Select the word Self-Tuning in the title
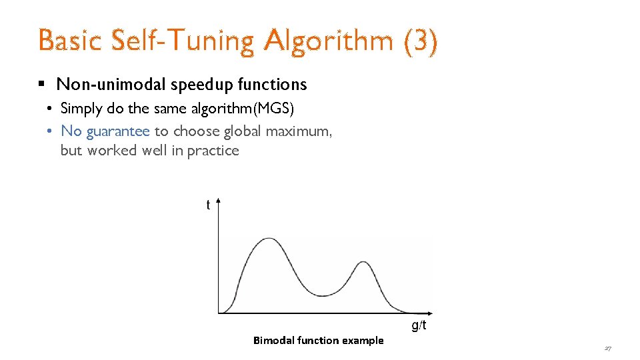pos(182,41)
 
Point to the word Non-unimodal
pos(111,85)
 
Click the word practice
pos(213,151)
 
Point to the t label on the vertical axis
pos(208,205)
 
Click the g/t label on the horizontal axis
pos(419,325)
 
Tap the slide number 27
pos(607,348)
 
